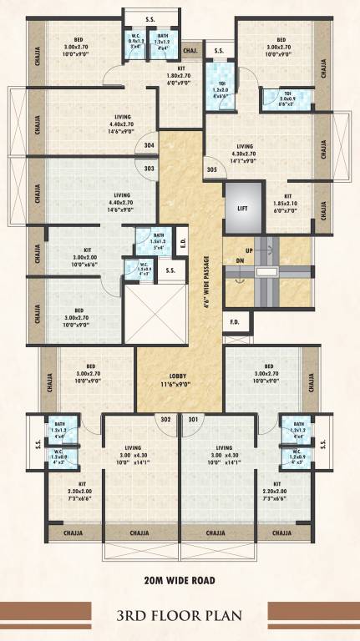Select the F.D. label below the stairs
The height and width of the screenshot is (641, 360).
tap(235, 321)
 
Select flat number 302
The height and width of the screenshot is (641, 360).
tap(165, 419)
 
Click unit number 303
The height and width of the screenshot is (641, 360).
tap(149, 169)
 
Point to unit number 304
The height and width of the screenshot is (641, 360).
tap(149, 145)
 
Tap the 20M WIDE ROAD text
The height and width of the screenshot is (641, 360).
tap(180, 579)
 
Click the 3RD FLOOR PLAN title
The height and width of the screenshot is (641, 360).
tap(180, 617)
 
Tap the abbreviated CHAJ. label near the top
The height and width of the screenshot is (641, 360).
tap(190, 49)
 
